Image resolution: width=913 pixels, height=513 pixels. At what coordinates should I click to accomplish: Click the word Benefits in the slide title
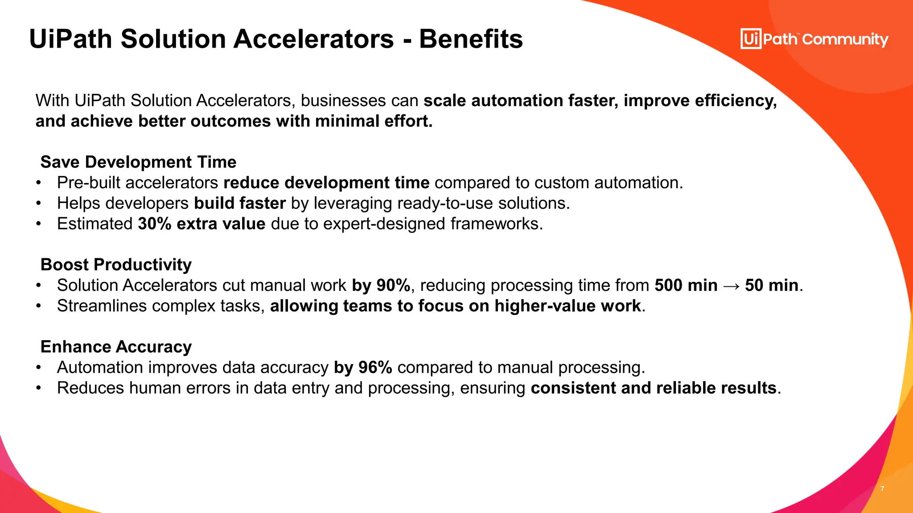[x=471, y=39]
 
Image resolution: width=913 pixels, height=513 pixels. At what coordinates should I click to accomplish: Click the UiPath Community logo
[x=814, y=39]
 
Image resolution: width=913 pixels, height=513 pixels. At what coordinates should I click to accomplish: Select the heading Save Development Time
[x=138, y=162]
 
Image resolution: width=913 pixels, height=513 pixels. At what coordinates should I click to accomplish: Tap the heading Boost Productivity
[x=116, y=265]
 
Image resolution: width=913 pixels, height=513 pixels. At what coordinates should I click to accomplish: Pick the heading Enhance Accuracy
[x=116, y=347]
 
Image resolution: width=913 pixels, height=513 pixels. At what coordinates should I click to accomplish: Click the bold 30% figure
[x=155, y=224]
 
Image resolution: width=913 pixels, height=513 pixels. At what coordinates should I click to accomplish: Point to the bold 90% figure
[x=393, y=285]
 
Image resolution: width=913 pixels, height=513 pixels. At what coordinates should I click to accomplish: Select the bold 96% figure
[x=375, y=367]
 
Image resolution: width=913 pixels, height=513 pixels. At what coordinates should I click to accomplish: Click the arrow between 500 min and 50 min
[x=731, y=286]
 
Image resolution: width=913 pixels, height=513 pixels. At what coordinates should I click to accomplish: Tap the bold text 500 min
[x=686, y=285]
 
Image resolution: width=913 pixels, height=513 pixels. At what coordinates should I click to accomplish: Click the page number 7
[x=882, y=489]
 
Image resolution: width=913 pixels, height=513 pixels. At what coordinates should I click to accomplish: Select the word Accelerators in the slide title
[x=313, y=39]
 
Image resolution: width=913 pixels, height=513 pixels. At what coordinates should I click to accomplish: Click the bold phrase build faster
[x=240, y=203]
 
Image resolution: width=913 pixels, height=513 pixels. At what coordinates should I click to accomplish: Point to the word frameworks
[x=496, y=224]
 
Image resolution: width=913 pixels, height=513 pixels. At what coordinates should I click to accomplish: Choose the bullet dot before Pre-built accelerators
[x=39, y=183]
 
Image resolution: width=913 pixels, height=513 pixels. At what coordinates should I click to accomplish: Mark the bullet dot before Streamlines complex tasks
[x=39, y=306]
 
